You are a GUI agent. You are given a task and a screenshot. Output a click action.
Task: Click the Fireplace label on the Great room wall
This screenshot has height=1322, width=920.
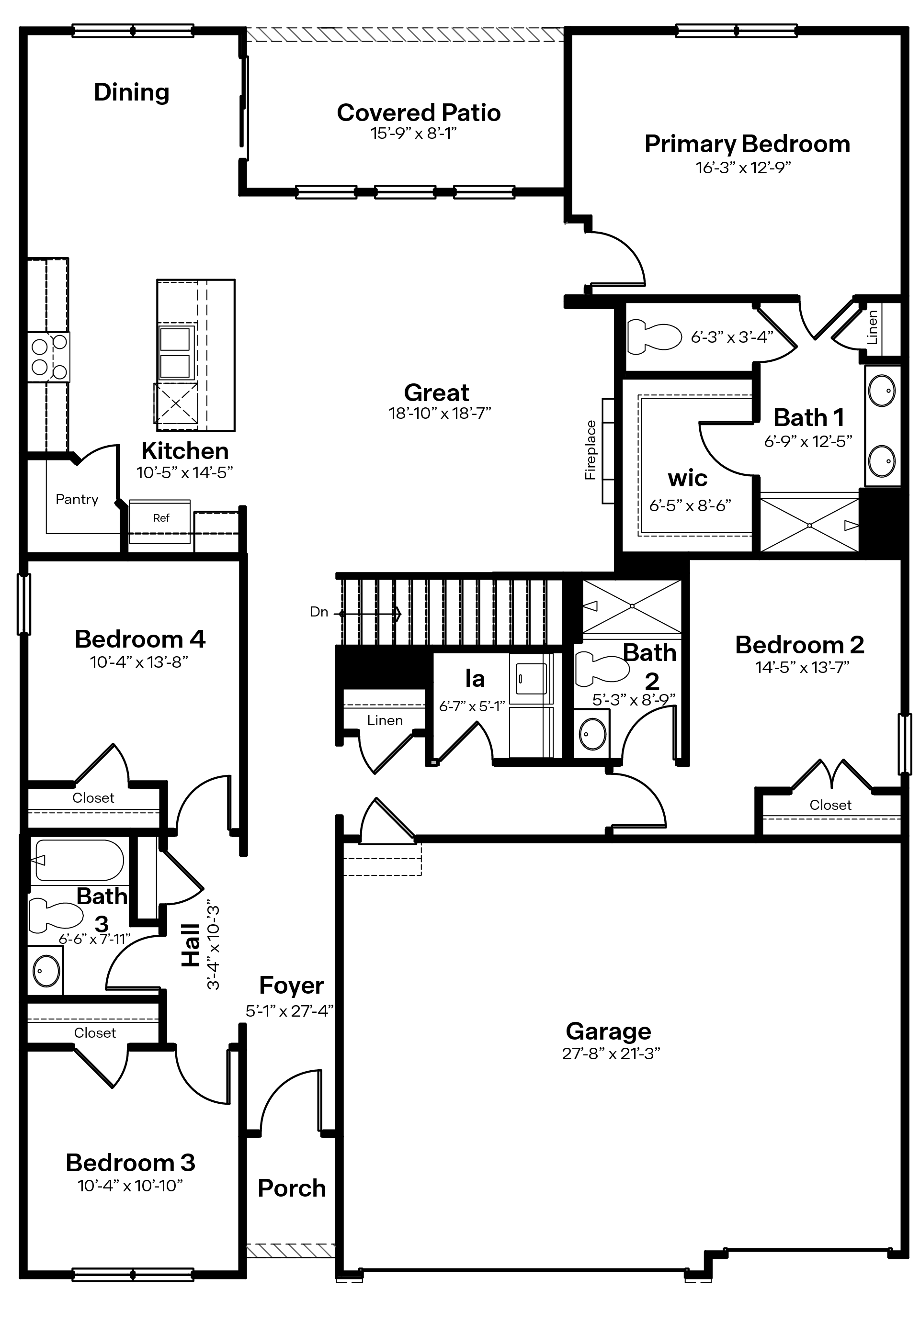(591, 450)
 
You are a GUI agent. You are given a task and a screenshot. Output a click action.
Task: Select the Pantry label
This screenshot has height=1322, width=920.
(77, 499)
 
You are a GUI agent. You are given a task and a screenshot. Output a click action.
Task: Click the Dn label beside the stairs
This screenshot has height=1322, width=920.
(318, 612)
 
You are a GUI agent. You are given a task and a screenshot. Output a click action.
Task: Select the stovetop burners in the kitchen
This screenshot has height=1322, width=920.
(49, 357)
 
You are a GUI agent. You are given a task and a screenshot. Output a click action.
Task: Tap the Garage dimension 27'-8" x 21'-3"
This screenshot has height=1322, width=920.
(611, 1053)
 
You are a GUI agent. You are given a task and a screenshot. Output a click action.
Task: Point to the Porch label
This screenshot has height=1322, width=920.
(292, 1188)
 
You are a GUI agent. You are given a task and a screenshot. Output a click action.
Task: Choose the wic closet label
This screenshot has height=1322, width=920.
(687, 478)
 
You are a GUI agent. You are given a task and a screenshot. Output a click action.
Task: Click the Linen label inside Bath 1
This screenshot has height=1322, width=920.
(872, 327)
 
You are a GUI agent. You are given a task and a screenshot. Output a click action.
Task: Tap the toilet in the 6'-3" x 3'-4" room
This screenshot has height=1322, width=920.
(654, 337)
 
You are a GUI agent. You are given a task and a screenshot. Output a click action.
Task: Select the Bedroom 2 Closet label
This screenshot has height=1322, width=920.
(829, 805)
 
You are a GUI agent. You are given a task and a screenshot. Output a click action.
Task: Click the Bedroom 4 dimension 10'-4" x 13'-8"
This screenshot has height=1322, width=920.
(139, 662)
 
